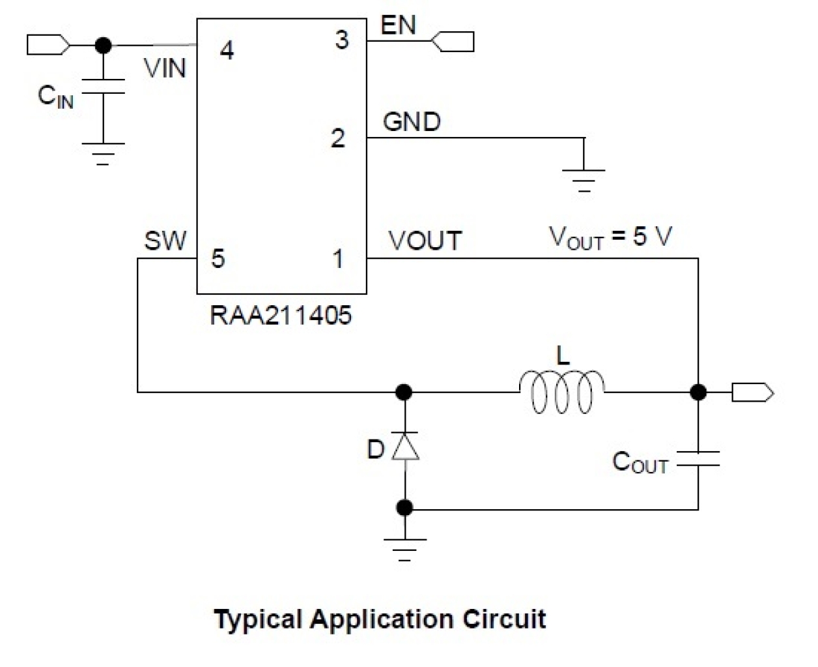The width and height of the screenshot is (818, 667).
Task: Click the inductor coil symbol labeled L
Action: [x=562, y=393]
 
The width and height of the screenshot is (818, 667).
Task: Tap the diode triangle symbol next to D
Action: [x=405, y=447]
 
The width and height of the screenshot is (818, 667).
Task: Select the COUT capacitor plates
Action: [x=698, y=459]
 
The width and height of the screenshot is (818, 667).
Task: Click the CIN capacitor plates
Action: [x=103, y=87]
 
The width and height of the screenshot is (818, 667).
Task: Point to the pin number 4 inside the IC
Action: [x=227, y=50]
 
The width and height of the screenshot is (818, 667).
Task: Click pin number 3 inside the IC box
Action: [x=342, y=40]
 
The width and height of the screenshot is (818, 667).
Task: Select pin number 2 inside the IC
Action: [x=337, y=138]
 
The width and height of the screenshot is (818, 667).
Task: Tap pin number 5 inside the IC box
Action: [x=218, y=259]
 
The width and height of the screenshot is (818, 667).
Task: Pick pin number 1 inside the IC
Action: [x=338, y=259]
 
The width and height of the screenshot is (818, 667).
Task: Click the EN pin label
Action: [x=398, y=25]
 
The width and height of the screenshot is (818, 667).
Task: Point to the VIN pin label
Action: [x=165, y=68]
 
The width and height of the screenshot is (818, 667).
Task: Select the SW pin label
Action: [x=165, y=241]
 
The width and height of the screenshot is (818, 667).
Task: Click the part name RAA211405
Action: [x=281, y=316]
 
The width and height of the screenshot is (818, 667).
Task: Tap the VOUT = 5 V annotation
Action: [x=610, y=237]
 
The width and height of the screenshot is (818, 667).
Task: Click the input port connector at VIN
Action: [x=48, y=45]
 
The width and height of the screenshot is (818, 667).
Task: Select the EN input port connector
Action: [x=453, y=42]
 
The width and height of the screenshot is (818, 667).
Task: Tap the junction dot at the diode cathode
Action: [x=404, y=393]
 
